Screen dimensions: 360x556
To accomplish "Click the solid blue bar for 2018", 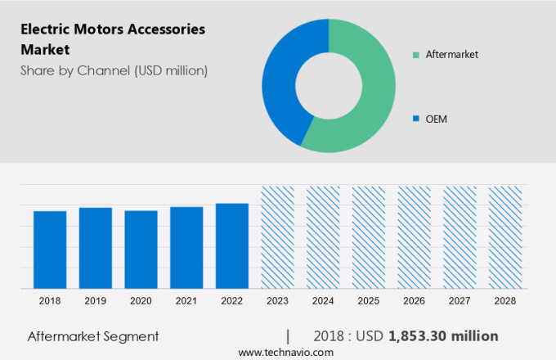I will click(50, 250).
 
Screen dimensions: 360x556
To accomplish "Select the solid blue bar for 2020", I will click(141, 250).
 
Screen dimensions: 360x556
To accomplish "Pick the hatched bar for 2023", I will click(277, 237).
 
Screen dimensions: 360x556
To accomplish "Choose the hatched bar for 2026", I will click(414, 237).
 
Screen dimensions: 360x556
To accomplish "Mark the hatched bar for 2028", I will click(504, 237).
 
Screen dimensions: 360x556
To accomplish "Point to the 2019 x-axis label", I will click(96, 301).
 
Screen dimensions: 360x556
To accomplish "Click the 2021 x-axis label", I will click(186, 301).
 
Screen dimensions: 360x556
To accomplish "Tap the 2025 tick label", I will click(368, 301).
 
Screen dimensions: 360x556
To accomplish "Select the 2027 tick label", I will click(460, 301).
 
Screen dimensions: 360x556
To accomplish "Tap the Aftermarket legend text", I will click(451, 55).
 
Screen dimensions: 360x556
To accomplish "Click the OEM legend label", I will click(436, 119).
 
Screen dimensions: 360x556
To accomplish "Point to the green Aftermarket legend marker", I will click(416, 55).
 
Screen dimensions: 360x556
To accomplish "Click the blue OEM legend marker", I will click(416, 119).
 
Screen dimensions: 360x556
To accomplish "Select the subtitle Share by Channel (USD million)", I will click(114, 70).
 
